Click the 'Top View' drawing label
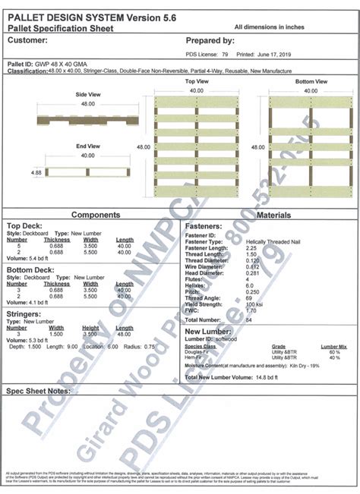[197, 80]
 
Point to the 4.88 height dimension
[14, 173]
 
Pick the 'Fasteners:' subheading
[204, 226]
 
